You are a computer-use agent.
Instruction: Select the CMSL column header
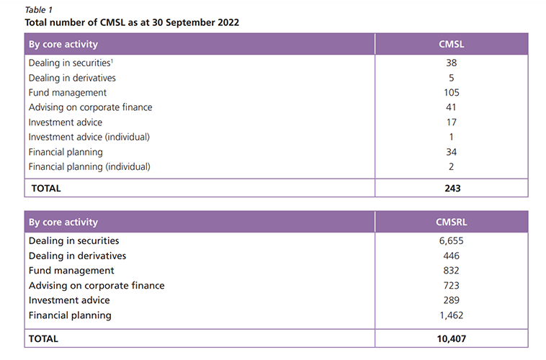451,44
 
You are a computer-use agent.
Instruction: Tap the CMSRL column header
451,222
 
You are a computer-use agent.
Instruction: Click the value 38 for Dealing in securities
451,63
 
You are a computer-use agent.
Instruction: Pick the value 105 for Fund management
451,93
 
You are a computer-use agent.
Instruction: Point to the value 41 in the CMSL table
451,107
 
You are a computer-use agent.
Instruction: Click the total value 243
451,189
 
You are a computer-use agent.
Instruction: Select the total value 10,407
451,338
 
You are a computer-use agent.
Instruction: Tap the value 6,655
451,240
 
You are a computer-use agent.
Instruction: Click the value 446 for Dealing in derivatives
451,256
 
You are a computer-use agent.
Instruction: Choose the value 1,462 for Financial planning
451,315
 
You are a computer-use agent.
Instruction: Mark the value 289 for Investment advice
451,300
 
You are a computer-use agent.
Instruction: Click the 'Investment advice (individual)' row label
90,137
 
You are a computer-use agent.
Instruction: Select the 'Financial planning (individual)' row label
90,167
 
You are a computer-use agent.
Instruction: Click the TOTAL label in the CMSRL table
44,338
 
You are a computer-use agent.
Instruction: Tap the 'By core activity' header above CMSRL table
63,222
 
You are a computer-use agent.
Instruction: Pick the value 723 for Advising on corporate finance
451,286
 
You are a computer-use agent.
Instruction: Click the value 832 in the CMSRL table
451,271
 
